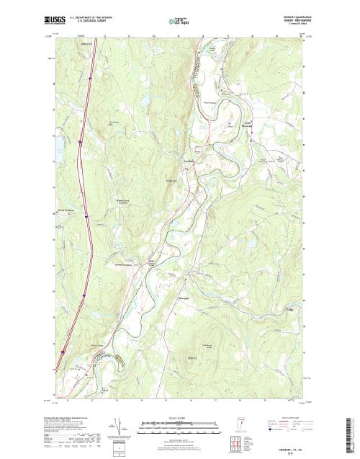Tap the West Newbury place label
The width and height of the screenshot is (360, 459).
[66, 210]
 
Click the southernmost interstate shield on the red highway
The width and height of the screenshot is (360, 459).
[63, 352]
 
